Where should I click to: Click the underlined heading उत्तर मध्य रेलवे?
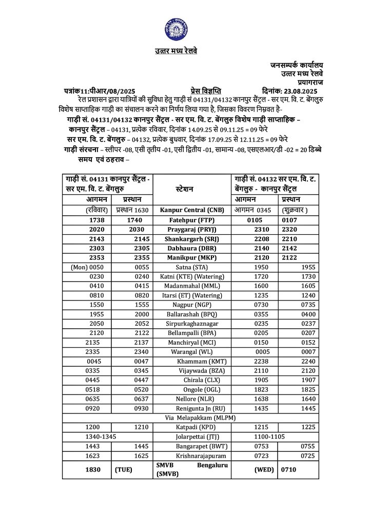[x=176, y=51]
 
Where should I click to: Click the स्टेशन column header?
[x=193, y=189]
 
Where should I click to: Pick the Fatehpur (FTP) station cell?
[x=192, y=219]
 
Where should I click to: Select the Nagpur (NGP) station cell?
[x=192, y=305]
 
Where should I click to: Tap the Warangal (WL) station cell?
[x=192, y=352]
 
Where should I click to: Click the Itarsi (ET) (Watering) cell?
[x=192, y=295]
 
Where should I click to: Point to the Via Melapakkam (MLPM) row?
[x=193, y=418]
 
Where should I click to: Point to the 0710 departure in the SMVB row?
[x=289, y=469]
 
